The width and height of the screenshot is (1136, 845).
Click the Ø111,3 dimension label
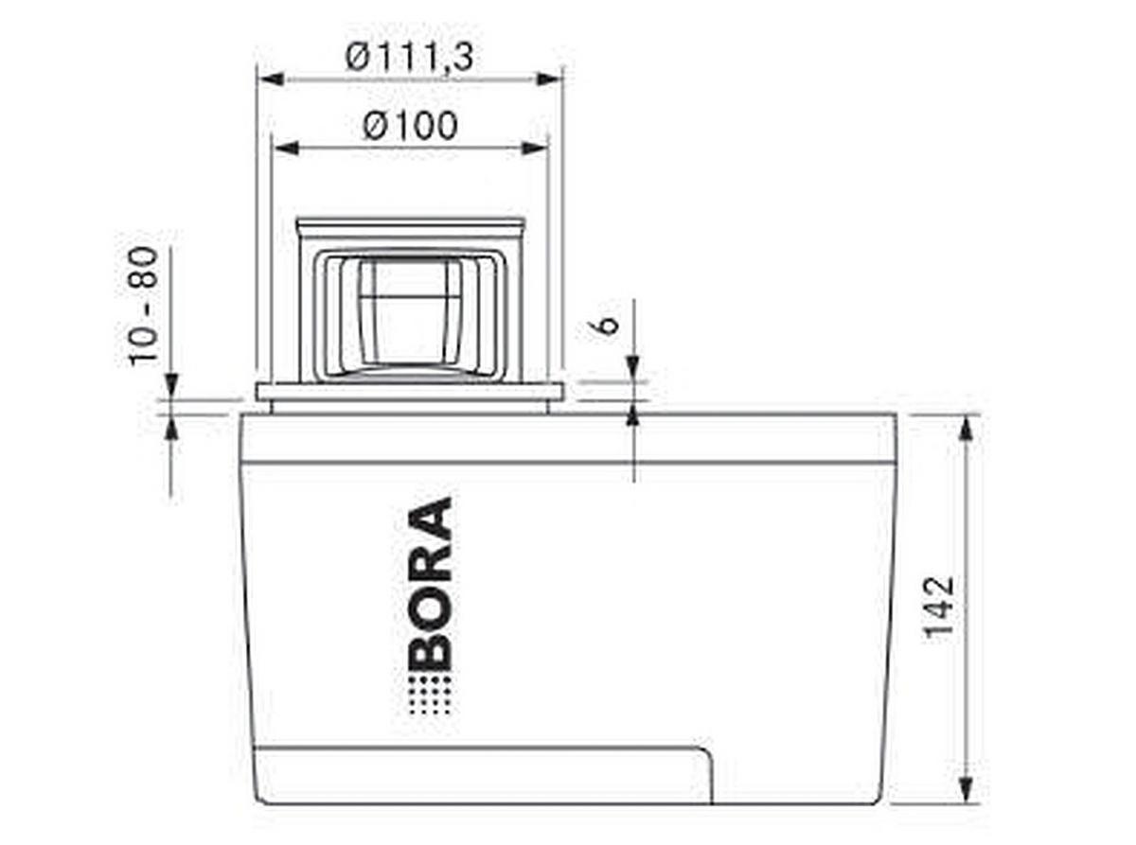(x=409, y=59)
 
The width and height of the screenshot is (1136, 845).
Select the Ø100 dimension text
(x=409, y=126)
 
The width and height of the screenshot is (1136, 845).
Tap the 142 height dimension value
(x=940, y=607)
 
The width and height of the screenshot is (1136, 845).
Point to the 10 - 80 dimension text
(x=143, y=305)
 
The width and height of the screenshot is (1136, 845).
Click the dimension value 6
(x=609, y=324)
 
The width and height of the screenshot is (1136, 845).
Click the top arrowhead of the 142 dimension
(x=967, y=428)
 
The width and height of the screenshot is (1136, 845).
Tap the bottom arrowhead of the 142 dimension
(x=967, y=789)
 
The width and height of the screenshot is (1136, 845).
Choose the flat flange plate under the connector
(x=409, y=392)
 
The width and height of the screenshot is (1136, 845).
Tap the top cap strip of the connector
(x=409, y=226)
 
